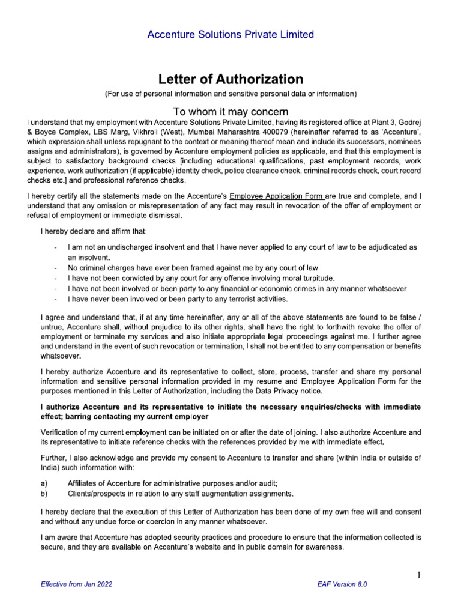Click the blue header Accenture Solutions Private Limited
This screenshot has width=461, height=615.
tap(230, 34)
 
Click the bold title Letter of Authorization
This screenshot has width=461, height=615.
tap(230, 79)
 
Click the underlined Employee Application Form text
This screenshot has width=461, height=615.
tap(277, 195)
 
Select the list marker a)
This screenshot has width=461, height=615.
tap(44, 483)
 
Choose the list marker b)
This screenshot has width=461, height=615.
tap(44, 494)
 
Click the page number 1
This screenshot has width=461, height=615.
tap(420, 576)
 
